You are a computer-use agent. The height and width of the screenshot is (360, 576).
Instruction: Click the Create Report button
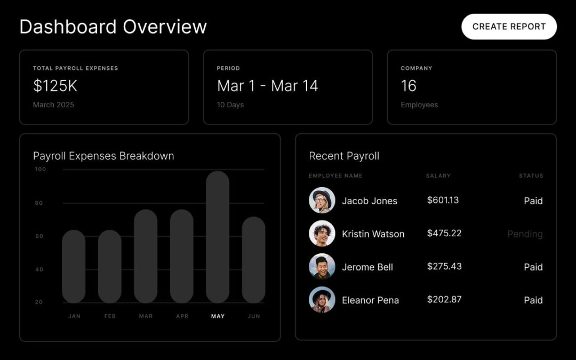tap(509, 27)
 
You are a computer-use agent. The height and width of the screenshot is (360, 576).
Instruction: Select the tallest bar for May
tap(218, 237)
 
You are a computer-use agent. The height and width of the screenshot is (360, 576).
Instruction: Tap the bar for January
tap(74, 266)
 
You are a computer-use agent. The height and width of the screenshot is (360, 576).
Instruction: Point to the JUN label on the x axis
tap(254, 316)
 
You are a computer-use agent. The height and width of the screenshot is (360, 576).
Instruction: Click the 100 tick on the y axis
tap(41, 169)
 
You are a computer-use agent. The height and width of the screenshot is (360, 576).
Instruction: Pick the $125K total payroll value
tap(55, 86)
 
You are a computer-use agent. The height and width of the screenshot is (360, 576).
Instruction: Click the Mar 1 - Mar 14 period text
tap(267, 86)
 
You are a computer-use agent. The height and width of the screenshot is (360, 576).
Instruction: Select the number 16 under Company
tap(409, 86)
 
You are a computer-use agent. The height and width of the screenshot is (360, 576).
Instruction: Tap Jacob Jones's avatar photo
tap(322, 201)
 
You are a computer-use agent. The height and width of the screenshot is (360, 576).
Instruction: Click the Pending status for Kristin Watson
tap(525, 234)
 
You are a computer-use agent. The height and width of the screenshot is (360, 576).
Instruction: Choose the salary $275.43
tap(444, 266)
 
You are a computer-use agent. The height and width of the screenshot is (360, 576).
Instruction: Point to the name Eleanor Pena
tap(370, 300)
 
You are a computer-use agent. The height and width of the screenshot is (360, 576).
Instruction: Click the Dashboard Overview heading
tap(113, 27)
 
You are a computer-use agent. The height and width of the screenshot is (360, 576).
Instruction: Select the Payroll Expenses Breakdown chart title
tap(103, 156)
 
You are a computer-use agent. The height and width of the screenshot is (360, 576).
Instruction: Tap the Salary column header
tap(438, 175)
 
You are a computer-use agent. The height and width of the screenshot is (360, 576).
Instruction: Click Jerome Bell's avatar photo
tap(322, 267)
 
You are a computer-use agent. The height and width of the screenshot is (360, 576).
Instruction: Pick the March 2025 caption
tap(53, 105)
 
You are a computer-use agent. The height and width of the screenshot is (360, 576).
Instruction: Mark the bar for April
tap(182, 256)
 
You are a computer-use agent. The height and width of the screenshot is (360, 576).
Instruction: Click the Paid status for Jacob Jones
tap(533, 201)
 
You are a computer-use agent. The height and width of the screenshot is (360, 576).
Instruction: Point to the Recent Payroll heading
tap(344, 156)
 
